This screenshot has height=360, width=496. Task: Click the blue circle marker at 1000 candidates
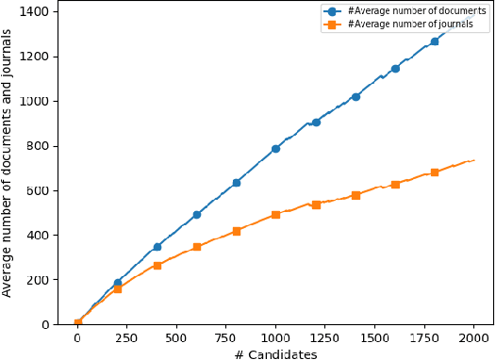point(276,149)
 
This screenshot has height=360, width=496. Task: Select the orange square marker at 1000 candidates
point(276,215)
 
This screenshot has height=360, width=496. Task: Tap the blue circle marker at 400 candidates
point(157,247)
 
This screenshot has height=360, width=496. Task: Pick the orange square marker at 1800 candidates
point(435,172)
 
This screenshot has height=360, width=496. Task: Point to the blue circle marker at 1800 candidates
point(435,41)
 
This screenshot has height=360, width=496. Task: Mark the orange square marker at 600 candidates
point(197,247)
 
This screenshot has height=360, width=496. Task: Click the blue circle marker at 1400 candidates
point(355,96)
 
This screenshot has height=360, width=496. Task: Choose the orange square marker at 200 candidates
point(118,289)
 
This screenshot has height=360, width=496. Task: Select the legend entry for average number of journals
point(397,25)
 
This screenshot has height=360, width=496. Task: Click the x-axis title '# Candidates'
point(276,353)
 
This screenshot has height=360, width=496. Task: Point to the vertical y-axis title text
point(8,163)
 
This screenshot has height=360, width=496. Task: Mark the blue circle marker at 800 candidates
point(237,182)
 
